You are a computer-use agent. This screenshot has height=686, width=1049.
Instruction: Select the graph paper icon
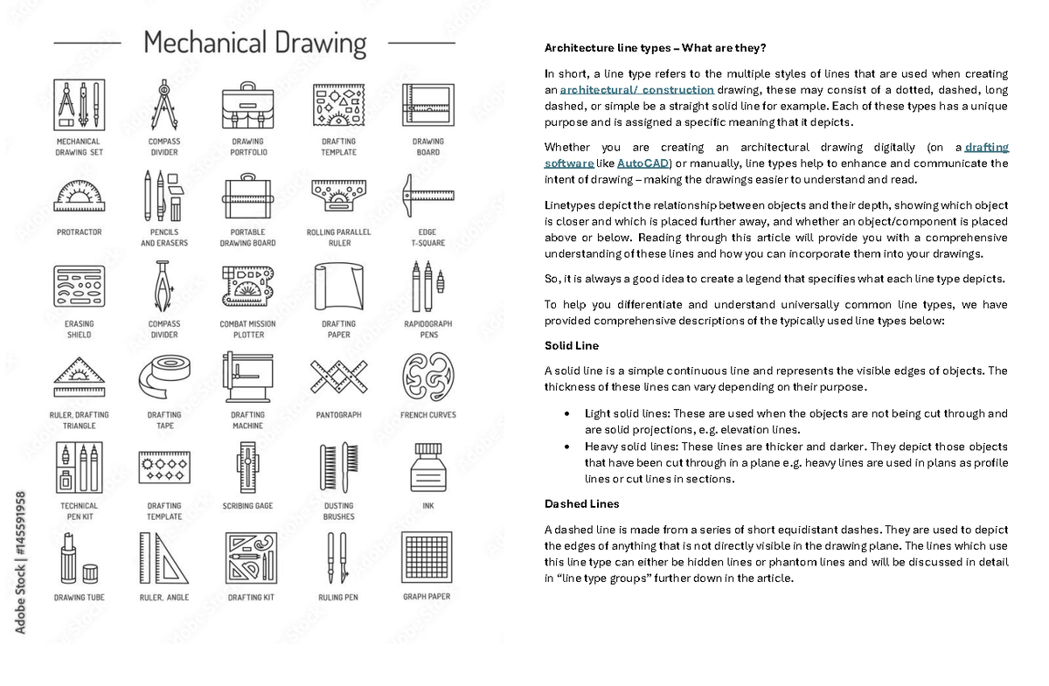pyautogui.click(x=427, y=558)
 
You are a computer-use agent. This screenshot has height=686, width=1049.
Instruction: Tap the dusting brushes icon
pyautogui.click(x=339, y=468)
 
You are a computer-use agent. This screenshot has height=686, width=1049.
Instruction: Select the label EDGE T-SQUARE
pyautogui.click(x=427, y=238)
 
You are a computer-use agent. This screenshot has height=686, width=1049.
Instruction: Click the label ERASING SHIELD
pyautogui.click(x=79, y=329)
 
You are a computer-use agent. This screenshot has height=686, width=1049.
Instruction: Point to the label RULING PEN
pyautogui.click(x=339, y=598)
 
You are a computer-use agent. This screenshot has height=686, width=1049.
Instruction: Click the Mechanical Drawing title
pyautogui.click(x=254, y=42)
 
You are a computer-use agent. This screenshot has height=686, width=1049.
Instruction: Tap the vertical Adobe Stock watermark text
pyautogui.click(x=20, y=561)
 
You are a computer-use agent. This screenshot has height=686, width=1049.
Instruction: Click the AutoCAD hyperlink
pyautogui.click(x=643, y=163)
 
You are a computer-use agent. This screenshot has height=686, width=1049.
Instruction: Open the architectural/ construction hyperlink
pyautogui.click(x=636, y=90)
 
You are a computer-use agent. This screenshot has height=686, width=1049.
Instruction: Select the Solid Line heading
pyautogui.click(x=571, y=346)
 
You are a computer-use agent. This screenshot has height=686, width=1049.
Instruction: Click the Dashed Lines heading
pyautogui.click(x=581, y=504)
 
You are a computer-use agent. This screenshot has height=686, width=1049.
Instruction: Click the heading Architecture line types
pyautogui.click(x=655, y=47)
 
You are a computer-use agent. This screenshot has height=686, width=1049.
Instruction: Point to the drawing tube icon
pyautogui.click(x=79, y=559)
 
